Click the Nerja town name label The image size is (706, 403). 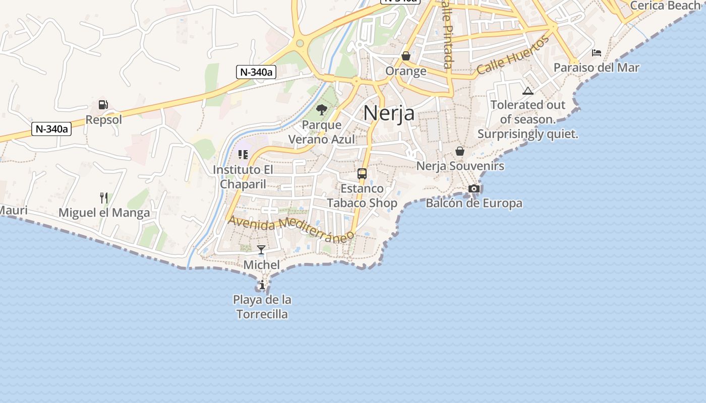point(389,113)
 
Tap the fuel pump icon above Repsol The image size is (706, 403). point(103,105)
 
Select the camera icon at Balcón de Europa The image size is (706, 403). point(474,188)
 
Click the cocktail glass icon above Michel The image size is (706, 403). point(261,249)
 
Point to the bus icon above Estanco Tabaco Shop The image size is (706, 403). point(362,174)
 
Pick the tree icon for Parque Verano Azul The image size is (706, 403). point(322,109)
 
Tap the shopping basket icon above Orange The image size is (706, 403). point(406,56)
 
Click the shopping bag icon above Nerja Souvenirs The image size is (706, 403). point(460,151)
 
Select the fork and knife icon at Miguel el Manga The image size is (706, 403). point(104,197)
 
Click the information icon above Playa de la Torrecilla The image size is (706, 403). point(262,286)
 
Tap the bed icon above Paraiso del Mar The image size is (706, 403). point(597,53)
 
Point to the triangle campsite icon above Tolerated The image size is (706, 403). point(528,91)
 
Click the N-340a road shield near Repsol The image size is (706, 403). point(51,129)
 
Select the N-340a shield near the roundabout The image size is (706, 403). point(256,72)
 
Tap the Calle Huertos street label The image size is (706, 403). point(512,55)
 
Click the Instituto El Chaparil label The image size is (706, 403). point(243,177)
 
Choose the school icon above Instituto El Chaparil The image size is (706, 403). point(243,154)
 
